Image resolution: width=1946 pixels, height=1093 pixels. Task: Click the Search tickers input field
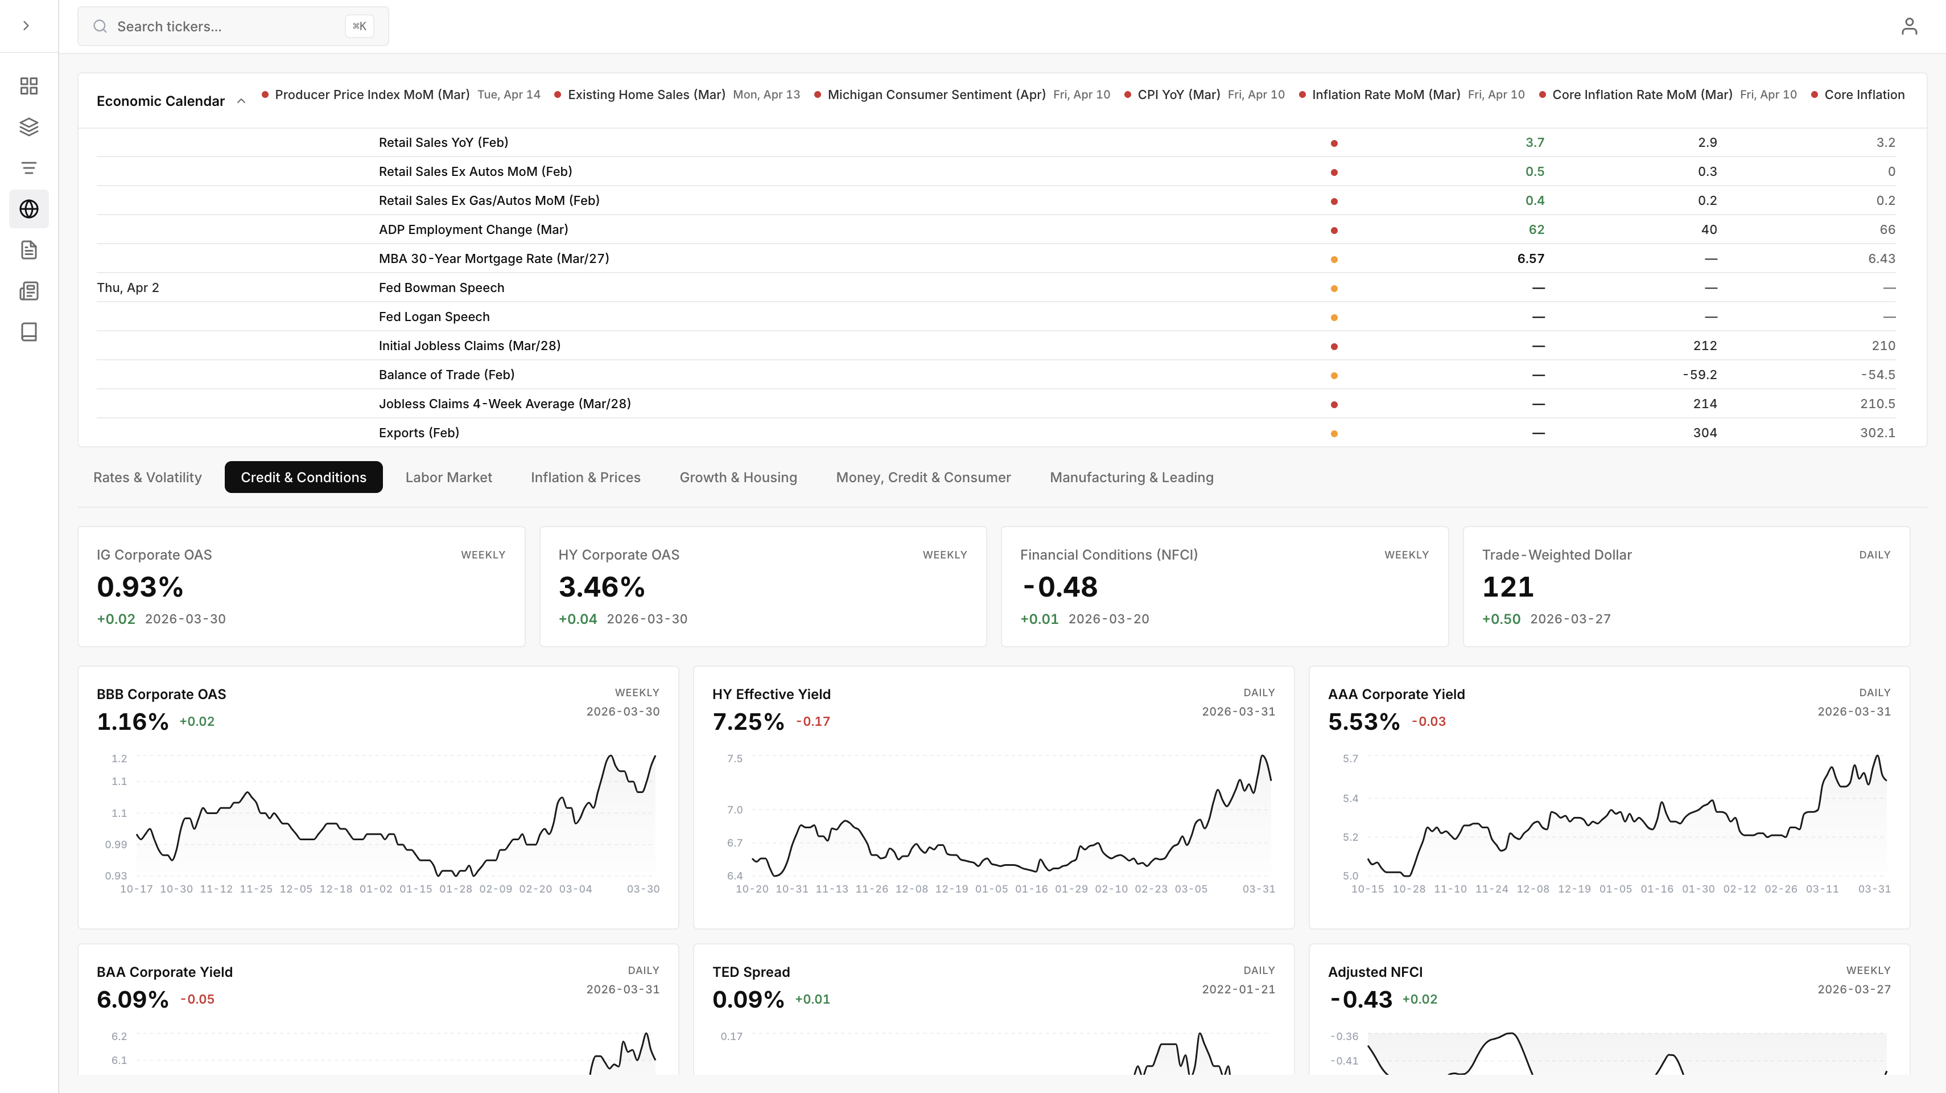[226, 26]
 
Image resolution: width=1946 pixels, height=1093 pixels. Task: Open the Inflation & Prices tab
[586, 477]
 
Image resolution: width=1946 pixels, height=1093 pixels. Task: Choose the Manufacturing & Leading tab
[1131, 477]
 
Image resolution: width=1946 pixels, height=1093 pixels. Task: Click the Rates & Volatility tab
[147, 477]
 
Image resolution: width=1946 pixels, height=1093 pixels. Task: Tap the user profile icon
[1908, 26]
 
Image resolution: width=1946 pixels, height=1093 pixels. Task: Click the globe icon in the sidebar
[28, 208]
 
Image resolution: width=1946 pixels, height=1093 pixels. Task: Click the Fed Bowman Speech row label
[441, 287]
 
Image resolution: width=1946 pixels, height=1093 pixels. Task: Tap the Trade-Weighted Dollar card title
[1556, 555]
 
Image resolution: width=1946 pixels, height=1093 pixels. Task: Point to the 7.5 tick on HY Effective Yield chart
[734, 758]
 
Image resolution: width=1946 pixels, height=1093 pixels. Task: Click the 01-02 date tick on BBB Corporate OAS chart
[376, 889]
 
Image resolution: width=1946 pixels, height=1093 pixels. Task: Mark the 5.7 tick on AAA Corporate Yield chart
[1350, 758]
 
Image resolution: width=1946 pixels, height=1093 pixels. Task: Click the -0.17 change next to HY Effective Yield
[813, 721]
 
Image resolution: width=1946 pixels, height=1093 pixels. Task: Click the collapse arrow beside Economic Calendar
[241, 101]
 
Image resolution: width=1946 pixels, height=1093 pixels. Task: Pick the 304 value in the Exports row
[1704, 433]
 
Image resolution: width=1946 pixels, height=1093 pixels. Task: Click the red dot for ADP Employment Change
[1334, 231]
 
